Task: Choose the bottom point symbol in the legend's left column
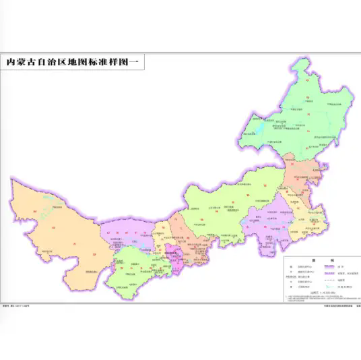coord(288,286)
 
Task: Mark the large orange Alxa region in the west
coord(54,229)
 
